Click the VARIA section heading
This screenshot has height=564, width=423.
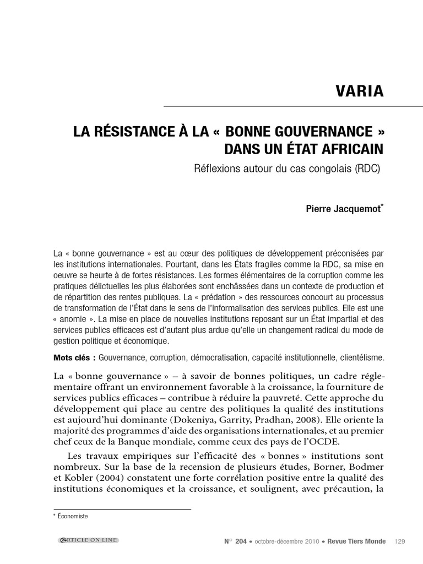coord(359,91)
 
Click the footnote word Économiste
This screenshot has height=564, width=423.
coord(73,516)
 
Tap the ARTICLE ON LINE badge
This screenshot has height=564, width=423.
coord(89,540)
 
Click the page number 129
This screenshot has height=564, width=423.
coord(400,541)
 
